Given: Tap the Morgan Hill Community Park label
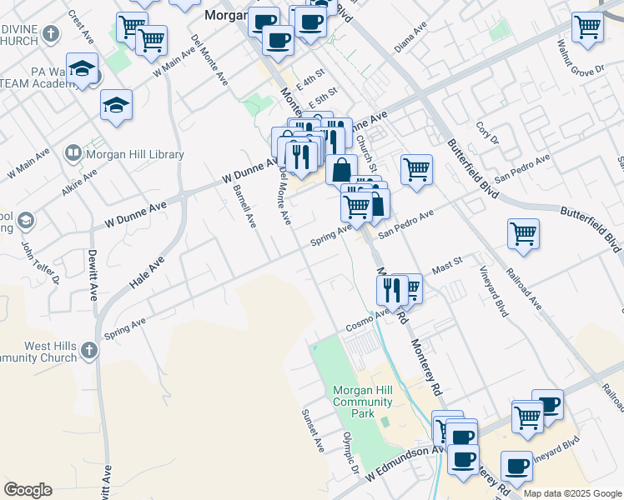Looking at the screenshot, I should (x=362, y=402).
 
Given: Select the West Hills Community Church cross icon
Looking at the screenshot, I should (x=89, y=352).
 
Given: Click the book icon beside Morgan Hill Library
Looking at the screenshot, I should (x=73, y=153).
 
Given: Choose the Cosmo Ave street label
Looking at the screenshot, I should (x=370, y=318).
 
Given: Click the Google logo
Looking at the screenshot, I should (x=28, y=490).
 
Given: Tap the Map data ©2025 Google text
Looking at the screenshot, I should (x=572, y=493).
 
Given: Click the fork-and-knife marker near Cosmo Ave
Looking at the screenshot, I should (x=391, y=290).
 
